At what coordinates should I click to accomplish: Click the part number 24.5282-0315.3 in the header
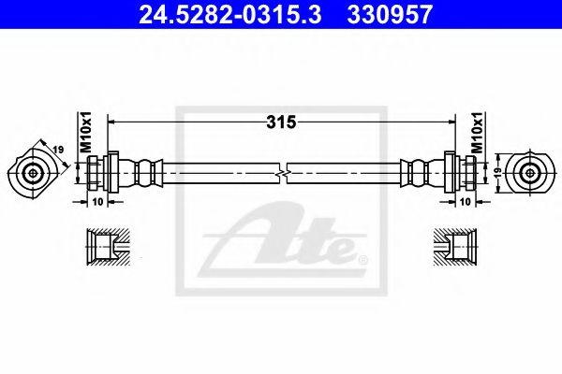click(x=229, y=15)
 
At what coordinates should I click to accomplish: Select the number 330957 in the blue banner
click(x=390, y=15)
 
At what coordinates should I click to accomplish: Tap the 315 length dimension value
click(x=281, y=122)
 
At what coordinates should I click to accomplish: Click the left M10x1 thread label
click(x=86, y=132)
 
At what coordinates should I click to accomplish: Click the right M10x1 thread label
click(x=477, y=132)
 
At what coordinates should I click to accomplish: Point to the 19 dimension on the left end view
click(x=58, y=149)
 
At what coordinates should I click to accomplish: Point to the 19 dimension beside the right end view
click(x=498, y=173)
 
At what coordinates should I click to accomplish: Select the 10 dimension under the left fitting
click(x=97, y=202)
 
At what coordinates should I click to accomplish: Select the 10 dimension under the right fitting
click(x=465, y=202)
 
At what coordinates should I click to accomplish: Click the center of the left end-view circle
click(x=33, y=174)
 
